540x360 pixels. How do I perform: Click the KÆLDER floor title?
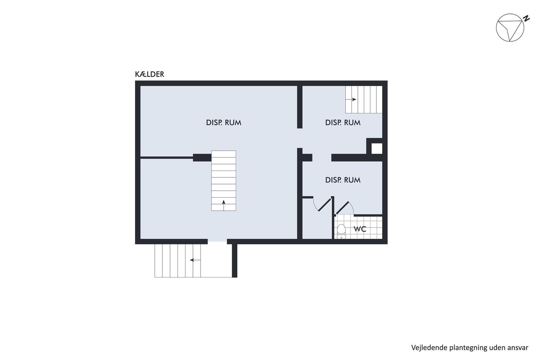pos(150,74)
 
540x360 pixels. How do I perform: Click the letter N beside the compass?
pos(526,18)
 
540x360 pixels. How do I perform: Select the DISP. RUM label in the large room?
pos(223,123)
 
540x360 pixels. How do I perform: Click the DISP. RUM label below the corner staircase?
pos(343,123)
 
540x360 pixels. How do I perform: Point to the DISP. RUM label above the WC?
pos(343,180)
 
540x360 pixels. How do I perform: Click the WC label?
pos(360,229)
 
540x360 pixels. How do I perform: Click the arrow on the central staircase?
pos(223,205)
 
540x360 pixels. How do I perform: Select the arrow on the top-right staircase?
pos(351,99)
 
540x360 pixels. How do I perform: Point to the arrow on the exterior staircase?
pos(195,260)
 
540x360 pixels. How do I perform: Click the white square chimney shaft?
pos(376,149)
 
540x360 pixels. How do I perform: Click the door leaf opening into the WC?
pos(343,208)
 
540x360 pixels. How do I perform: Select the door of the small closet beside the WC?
pos(324,205)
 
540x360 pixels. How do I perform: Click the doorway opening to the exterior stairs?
pos(217,242)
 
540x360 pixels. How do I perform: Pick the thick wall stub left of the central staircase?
pos(202,158)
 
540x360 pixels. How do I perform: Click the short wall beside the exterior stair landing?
pos(235,261)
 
